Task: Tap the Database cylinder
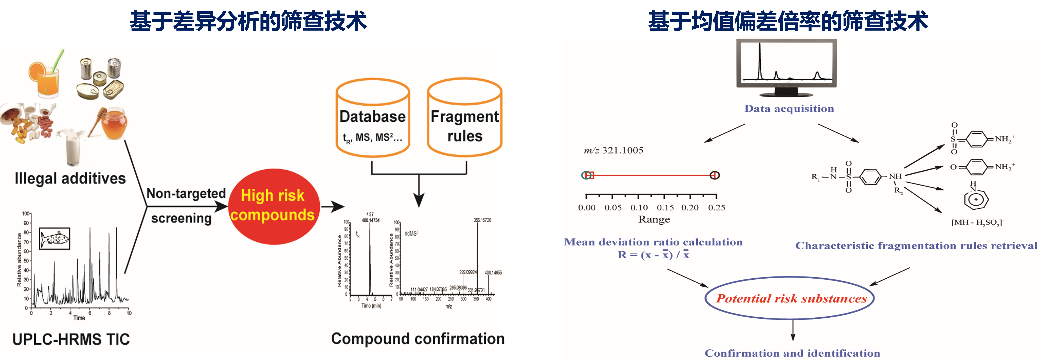coord(373,118)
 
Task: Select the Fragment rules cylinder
coord(465,118)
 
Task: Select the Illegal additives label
coord(70,178)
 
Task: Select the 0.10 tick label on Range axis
coord(639,208)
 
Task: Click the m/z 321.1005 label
coord(613,150)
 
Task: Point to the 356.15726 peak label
coord(482,220)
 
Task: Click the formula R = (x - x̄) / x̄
coord(653,254)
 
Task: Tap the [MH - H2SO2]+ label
coord(978,222)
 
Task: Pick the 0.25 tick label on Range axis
coord(717,208)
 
